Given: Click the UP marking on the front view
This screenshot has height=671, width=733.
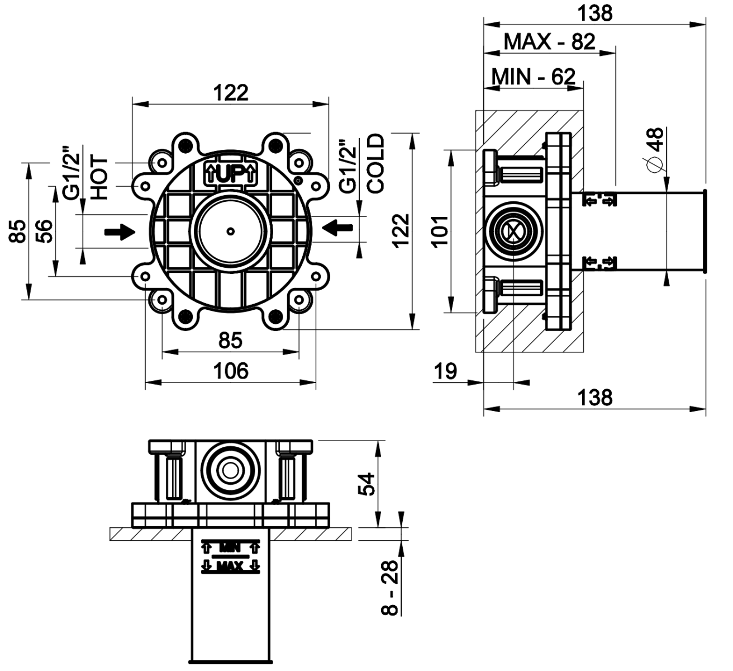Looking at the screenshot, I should (x=231, y=174).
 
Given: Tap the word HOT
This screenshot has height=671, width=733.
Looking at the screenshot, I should (x=98, y=178).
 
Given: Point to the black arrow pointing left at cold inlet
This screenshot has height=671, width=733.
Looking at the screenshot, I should (x=337, y=226).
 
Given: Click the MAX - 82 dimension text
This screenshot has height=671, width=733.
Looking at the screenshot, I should (x=549, y=41).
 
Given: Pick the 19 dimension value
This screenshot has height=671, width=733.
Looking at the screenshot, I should (x=446, y=371).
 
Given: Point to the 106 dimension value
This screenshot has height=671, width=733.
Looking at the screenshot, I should (x=231, y=371).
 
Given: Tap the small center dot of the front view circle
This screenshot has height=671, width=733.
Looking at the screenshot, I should (x=230, y=230).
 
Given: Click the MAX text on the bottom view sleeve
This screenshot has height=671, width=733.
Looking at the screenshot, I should (x=230, y=567).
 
